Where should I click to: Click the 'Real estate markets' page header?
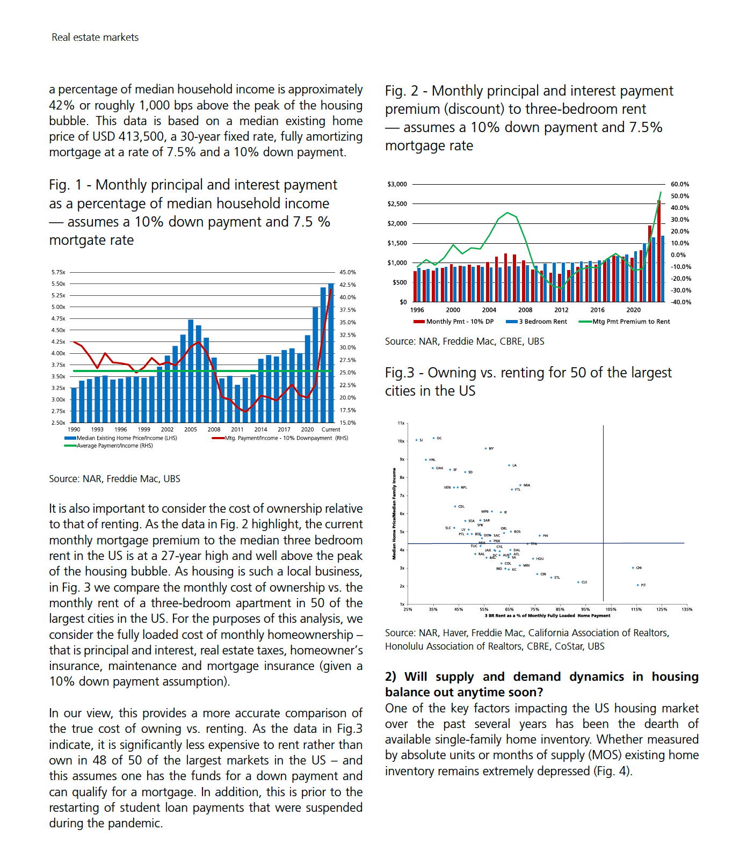tap(95, 38)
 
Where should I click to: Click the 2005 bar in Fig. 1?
tap(191, 370)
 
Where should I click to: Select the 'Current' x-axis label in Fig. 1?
tap(331, 429)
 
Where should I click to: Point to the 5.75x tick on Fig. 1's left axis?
tap(58, 272)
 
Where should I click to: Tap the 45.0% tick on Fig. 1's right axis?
tap(347, 272)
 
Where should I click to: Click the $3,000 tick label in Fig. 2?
tap(397, 184)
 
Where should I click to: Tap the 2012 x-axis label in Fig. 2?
tap(561, 310)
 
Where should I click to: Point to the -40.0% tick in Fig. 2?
tap(681, 302)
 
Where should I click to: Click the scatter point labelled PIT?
tap(638, 585)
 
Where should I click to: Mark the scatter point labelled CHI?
tap(633, 567)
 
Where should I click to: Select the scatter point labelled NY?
tap(486, 448)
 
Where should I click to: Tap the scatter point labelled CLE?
tap(578, 582)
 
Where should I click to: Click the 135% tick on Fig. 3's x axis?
tap(687, 609)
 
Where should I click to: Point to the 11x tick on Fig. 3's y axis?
tap(401, 423)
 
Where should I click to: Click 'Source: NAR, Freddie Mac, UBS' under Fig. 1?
tap(114, 479)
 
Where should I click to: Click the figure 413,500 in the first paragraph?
tap(143, 137)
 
